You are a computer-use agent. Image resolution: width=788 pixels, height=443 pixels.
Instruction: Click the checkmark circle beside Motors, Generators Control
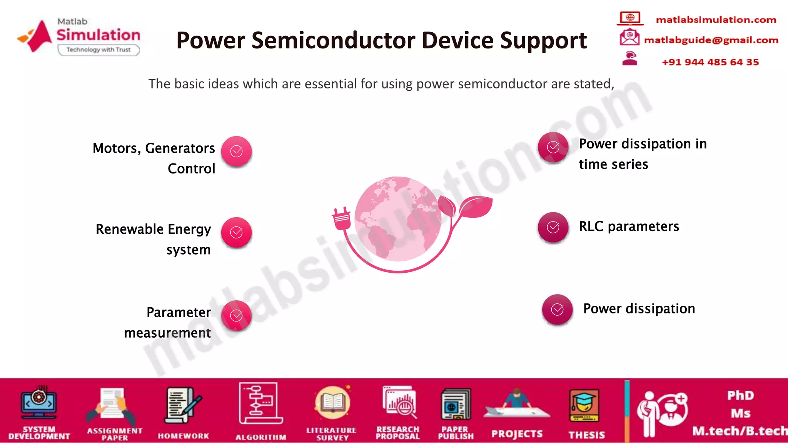click(x=236, y=152)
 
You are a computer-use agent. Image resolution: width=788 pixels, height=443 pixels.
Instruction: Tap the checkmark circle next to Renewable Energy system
click(x=236, y=232)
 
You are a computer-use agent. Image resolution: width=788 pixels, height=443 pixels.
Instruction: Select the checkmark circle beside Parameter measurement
click(x=236, y=316)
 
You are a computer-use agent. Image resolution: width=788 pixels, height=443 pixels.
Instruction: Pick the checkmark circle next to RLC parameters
click(x=553, y=227)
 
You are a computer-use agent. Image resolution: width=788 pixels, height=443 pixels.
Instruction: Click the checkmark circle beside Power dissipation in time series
click(x=553, y=147)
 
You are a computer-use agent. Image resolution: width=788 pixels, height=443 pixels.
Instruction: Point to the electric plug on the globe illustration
click(x=342, y=219)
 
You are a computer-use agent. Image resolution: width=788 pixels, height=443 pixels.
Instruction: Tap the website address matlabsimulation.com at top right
click(x=716, y=20)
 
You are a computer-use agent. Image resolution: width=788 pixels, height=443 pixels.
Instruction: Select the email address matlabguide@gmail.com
click(x=711, y=40)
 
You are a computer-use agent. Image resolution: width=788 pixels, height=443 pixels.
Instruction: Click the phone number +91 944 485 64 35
click(x=710, y=62)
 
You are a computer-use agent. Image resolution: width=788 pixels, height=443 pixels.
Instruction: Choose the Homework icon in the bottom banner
click(x=183, y=406)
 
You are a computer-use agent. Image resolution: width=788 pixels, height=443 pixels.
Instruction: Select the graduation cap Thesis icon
click(x=584, y=406)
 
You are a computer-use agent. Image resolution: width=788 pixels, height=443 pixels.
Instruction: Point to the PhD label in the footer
click(x=740, y=395)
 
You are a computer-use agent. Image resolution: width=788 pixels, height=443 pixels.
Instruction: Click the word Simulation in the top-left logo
click(x=98, y=35)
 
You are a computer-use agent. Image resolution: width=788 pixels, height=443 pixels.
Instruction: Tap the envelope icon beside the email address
click(x=629, y=38)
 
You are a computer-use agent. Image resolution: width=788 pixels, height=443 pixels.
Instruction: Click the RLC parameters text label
click(x=629, y=226)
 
